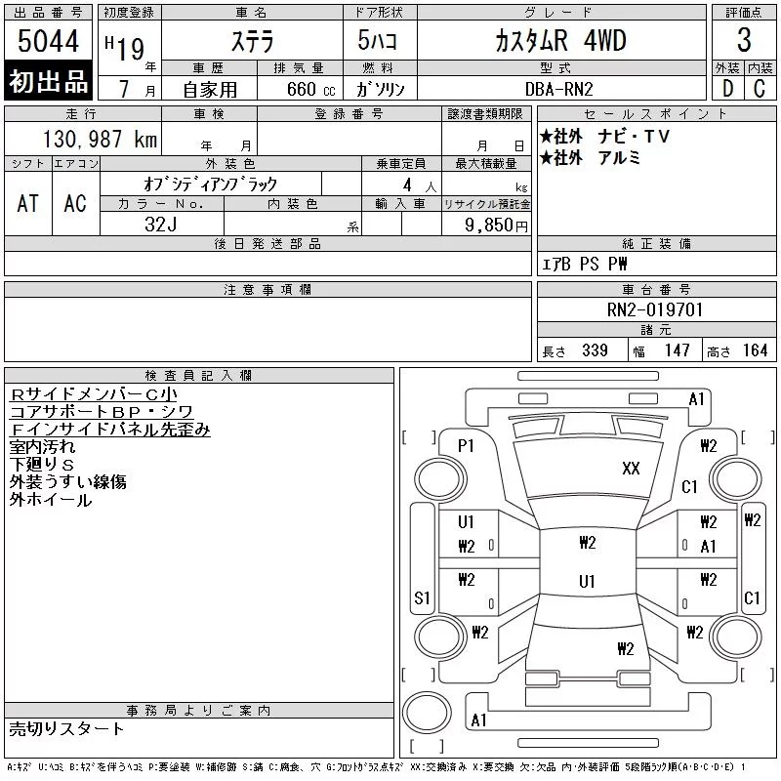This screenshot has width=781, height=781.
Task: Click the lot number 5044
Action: click(x=48, y=41)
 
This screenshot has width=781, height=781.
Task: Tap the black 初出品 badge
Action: click(x=48, y=81)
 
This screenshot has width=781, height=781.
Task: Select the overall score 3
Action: click(x=744, y=40)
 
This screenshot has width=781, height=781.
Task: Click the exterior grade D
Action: click(x=727, y=89)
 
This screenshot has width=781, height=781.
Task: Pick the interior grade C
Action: click(x=760, y=89)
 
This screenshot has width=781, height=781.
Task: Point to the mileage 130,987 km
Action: click(x=100, y=139)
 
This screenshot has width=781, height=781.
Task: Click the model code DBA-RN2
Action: click(x=558, y=89)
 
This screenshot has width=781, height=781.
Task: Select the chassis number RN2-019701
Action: click(x=654, y=309)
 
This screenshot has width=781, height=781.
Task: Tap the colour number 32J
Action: click(x=161, y=225)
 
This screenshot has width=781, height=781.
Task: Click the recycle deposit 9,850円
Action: click(x=496, y=226)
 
